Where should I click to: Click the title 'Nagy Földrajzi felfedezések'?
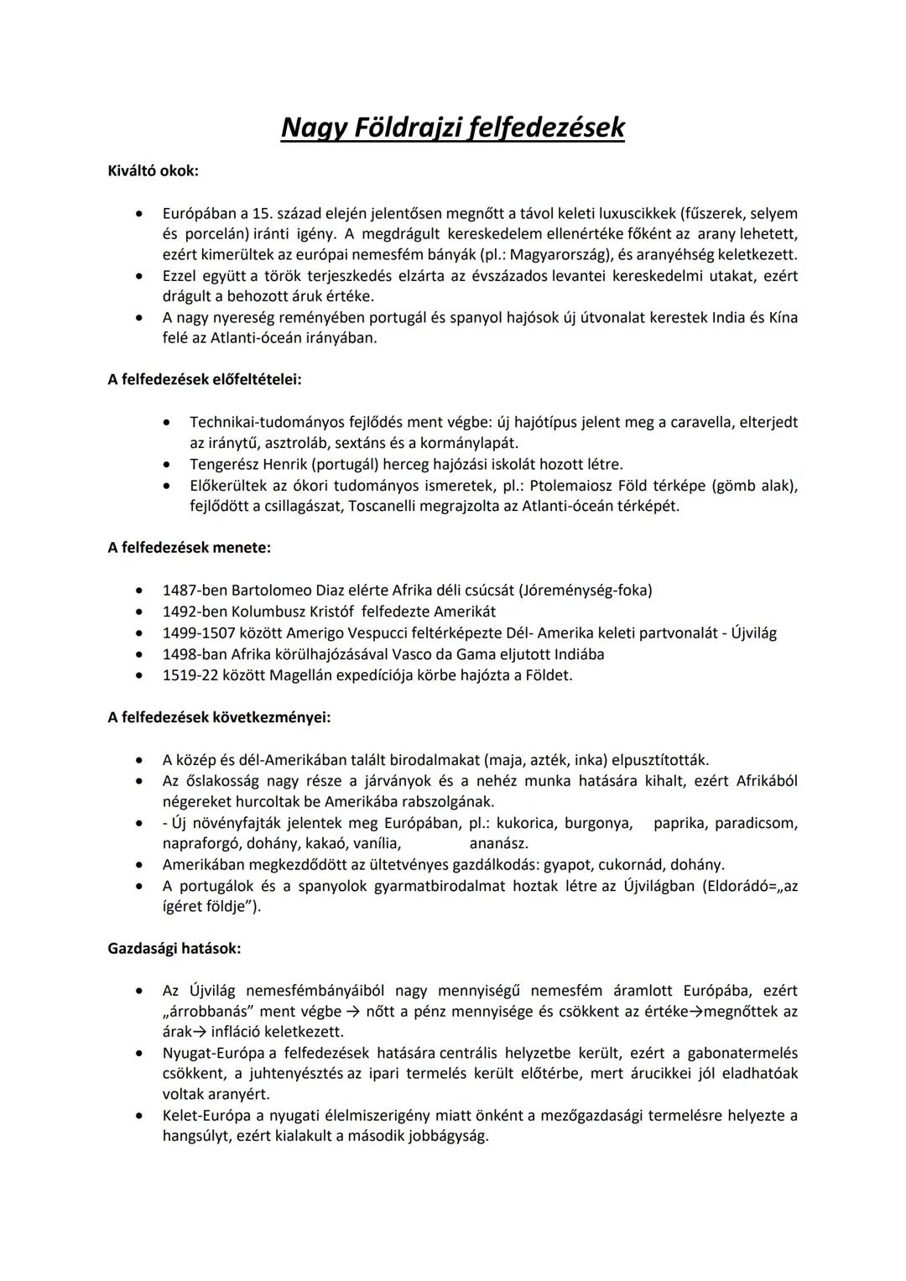(x=452, y=128)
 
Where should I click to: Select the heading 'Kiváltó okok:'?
(x=154, y=171)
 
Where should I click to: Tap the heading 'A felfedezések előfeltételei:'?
(x=205, y=379)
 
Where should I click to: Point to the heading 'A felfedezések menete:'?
(x=190, y=548)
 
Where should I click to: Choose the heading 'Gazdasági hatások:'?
(x=174, y=949)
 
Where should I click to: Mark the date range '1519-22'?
(x=189, y=675)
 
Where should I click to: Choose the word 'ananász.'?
(x=498, y=844)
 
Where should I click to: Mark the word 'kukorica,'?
(x=527, y=823)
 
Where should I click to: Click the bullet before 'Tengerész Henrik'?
(x=169, y=464)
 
